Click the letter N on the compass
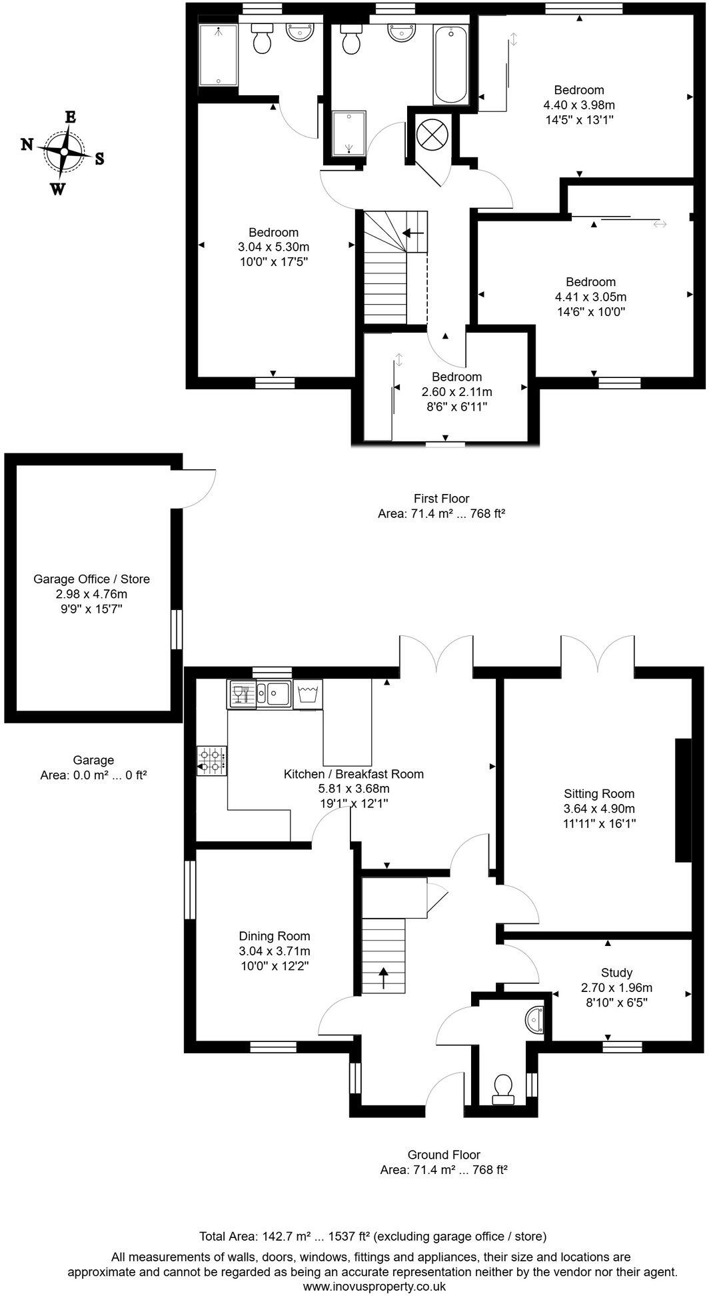point(27,144)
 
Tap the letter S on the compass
point(99,159)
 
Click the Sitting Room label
point(598,793)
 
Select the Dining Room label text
point(275,936)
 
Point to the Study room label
point(616,973)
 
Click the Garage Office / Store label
point(92,579)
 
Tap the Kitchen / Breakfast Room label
point(354,774)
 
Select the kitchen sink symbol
point(274,693)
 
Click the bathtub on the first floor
point(452,63)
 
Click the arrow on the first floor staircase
point(414,233)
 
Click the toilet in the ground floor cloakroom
point(502,1088)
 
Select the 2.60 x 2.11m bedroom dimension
point(456,391)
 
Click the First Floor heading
point(441,498)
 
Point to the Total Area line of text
point(373,1236)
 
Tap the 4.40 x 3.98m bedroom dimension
point(579,105)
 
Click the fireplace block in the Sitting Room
point(683,800)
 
